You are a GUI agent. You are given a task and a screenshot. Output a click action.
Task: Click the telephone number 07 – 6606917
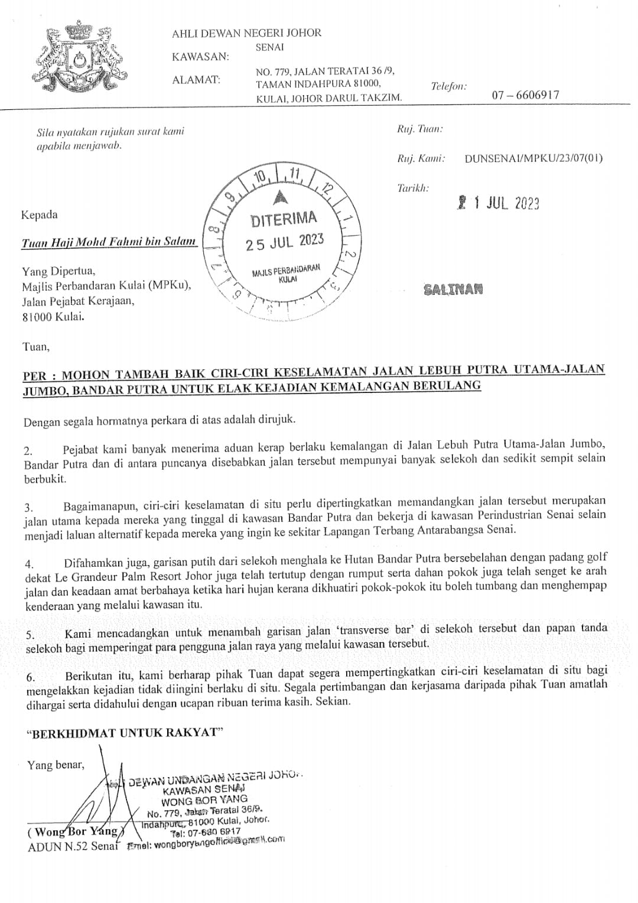(525, 95)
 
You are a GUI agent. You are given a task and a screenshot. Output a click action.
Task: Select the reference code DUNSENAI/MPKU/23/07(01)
(533, 158)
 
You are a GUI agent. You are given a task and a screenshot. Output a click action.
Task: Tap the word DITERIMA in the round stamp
(284, 220)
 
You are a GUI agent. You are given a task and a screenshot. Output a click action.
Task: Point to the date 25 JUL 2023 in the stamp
(285, 242)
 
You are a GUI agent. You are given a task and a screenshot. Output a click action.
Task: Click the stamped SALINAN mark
(453, 290)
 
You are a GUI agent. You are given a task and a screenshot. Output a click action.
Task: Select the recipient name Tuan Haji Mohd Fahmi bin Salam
(109, 242)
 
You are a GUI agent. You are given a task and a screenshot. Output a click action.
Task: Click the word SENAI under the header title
(270, 47)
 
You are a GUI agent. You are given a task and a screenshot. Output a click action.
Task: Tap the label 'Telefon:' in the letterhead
(448, 86)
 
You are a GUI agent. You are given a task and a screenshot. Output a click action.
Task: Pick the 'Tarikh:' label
(413, 188)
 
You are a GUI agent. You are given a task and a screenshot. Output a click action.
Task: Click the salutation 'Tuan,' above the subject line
(35, 347)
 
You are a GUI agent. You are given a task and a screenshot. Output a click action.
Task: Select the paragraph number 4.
(29, 564)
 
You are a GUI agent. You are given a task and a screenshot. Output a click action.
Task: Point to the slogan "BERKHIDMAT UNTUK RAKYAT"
(125, 733)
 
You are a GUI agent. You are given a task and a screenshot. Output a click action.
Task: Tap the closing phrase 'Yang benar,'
(56, 765)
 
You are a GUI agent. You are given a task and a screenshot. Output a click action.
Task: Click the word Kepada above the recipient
(40, 215)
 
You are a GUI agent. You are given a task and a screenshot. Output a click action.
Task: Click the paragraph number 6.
(31, 676)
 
